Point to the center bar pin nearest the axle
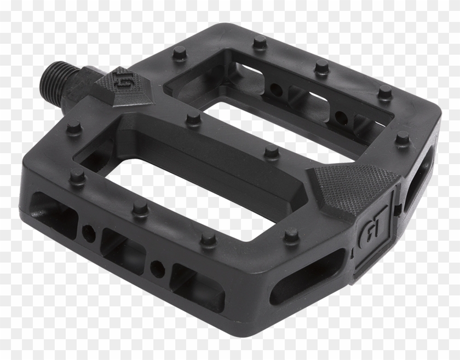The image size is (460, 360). (193, 119)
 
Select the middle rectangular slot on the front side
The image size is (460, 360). (122, 246)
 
